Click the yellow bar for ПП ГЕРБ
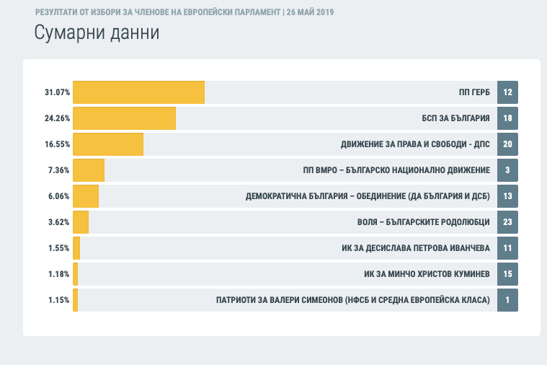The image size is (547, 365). pos(138,92)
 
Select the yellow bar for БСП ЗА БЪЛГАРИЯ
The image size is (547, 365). pos(124,118)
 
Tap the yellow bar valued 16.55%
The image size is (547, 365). pos(108,144)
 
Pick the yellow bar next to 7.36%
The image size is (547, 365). pos(89,170)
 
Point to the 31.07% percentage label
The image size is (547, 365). pos(57,92)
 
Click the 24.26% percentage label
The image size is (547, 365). pos(57,118)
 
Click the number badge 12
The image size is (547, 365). pos(507,92)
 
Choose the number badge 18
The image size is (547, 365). pos(507,118)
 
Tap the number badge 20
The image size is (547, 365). pos(507,144)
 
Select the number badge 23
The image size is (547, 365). pos(507,222)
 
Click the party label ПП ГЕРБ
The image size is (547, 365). pos(474,92)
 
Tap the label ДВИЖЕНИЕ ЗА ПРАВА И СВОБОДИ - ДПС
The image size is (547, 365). pos(415,144)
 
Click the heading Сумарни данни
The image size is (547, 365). pos(97,33)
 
